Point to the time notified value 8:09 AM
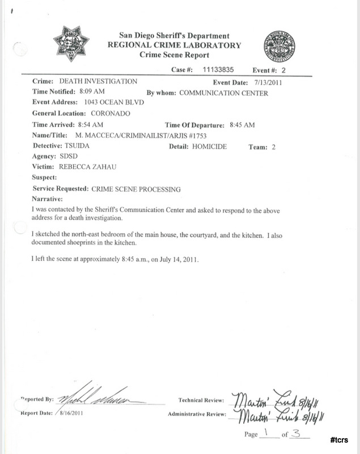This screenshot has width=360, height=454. point(93,92)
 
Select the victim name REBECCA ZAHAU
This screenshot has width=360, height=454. point(87,168)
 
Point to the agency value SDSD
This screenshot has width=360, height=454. point(67,157)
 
